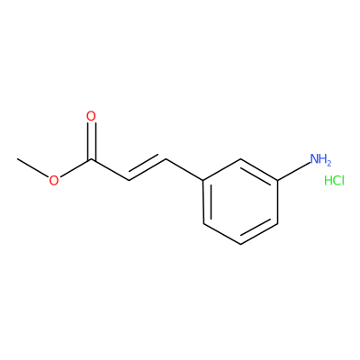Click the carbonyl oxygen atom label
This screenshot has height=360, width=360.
(x=91, y=116)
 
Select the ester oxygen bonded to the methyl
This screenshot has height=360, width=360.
(x=54, y=181)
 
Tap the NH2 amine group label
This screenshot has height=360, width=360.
(x=320, y=159)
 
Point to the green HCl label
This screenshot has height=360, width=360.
(x=334, y=181)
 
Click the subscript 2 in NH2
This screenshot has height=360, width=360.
(x=328, y=163)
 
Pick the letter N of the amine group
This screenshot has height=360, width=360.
(x=315, y=158)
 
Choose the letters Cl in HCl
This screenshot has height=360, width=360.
(x=339, y=181)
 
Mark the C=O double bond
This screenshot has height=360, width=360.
(x=91, y=141)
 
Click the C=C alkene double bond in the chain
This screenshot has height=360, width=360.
(x=148, y=168)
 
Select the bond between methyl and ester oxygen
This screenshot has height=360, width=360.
(x=33, y=168)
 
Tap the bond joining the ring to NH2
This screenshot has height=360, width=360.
(x=293, y=171)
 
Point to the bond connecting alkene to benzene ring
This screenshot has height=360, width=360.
(x=185, y=170)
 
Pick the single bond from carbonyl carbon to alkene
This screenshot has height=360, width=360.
(x=110, y=170)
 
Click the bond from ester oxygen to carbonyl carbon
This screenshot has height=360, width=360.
(x=75, y=168)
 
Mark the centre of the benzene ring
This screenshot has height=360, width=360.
(x=240, y=202)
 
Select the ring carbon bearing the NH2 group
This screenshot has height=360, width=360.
(x=278, y=181)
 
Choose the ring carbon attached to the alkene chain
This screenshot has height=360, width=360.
(x=204, y=181)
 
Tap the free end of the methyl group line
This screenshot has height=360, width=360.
(x=17, y=158)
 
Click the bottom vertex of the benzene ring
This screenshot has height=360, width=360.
(x=240, y=244)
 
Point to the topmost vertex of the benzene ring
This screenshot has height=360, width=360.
(x=240, y=159)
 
